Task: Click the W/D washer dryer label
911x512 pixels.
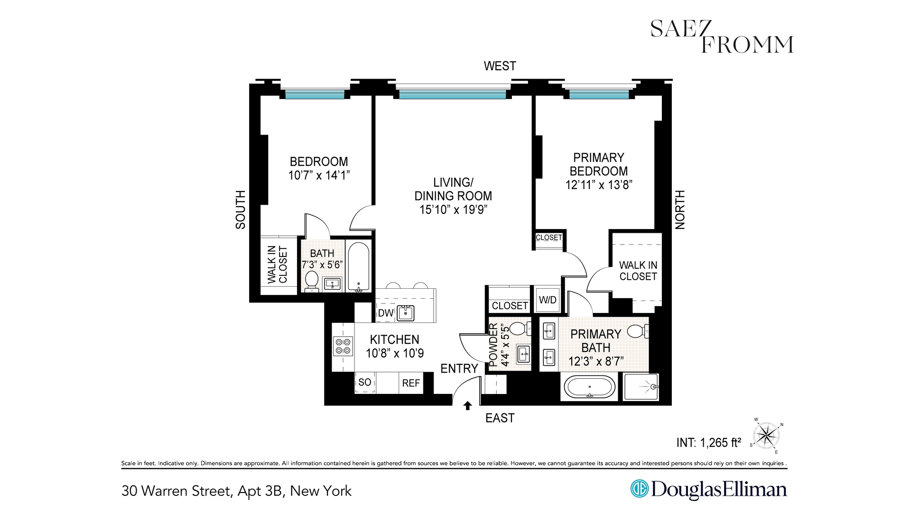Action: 548,300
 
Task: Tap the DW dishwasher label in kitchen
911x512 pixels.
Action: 385,313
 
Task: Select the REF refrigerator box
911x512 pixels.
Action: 411,383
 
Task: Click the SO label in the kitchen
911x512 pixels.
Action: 365,382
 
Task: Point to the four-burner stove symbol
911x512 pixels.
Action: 343,346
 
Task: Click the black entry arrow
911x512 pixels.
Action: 467,405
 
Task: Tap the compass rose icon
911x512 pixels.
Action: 766,435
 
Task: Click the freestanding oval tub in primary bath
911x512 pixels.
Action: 589,387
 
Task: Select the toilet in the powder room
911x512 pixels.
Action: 517,328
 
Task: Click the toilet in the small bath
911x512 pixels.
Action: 312,280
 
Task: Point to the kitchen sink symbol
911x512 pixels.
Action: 406,313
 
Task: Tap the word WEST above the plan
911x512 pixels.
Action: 500,66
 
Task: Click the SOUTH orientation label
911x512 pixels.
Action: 241,210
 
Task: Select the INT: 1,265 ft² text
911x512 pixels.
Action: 708,443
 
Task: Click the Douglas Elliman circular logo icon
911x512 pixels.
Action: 639,489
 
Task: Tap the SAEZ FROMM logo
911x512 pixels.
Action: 721,37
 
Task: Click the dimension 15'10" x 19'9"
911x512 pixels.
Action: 453,210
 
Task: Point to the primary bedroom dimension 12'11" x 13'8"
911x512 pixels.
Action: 599,185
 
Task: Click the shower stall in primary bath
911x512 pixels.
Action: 641,387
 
